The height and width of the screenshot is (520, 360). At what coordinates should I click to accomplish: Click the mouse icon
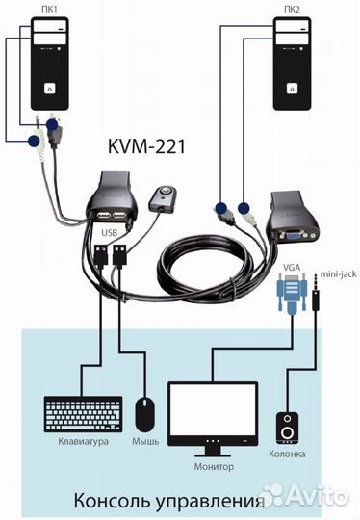[x=145, y=415]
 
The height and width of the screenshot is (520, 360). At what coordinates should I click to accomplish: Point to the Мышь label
[x=146, y=443]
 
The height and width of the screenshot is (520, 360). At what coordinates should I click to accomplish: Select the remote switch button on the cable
[x=162, y=198]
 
